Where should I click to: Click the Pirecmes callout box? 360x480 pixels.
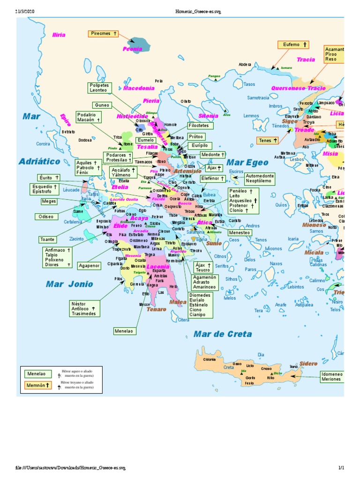pyautogui.click(x=104, y=34)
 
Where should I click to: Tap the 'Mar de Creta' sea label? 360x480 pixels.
pyautogui.click(x=223, y=334)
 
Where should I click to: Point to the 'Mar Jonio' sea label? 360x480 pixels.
pyautogui.click(x=69, y=284)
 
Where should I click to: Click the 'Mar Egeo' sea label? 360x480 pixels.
pyautogui.click(x=247, y=163)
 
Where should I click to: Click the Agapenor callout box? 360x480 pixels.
pyautogui.click(x=89, y=265)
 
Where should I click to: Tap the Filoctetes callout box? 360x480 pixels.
pyautogui.click(x=201, y=126)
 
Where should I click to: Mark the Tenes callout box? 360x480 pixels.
pyautogui.click(x=268, y=140)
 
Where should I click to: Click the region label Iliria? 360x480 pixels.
pyautogui.click(x=59, y=35)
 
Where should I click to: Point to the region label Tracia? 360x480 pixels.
pyautogui.click(x=306, y=60)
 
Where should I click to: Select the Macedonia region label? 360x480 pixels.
pyautogui.click(x=139, y=88)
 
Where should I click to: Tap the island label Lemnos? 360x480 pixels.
pyautogui.click(x=251, y=116)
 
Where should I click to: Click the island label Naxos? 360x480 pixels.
pyautogui.click(x=276, y=264)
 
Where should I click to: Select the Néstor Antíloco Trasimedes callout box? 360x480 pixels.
pyautogui.click(x=85, y=308)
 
